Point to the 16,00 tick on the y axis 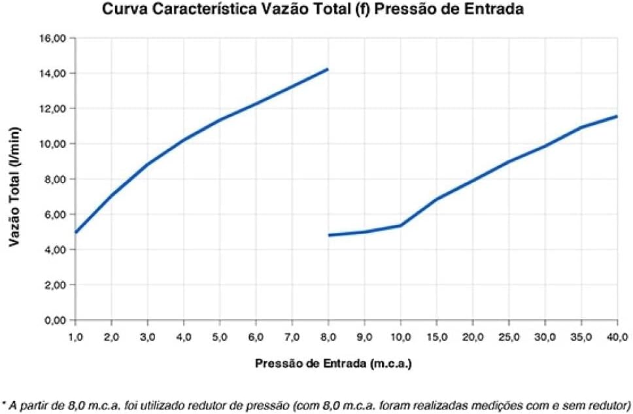[53, 38]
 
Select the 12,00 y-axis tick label [53, 109]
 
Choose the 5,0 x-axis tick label [220, 336]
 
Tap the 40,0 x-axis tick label [617, 336]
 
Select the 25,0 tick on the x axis [509, 336]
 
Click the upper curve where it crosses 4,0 [184, 140]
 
